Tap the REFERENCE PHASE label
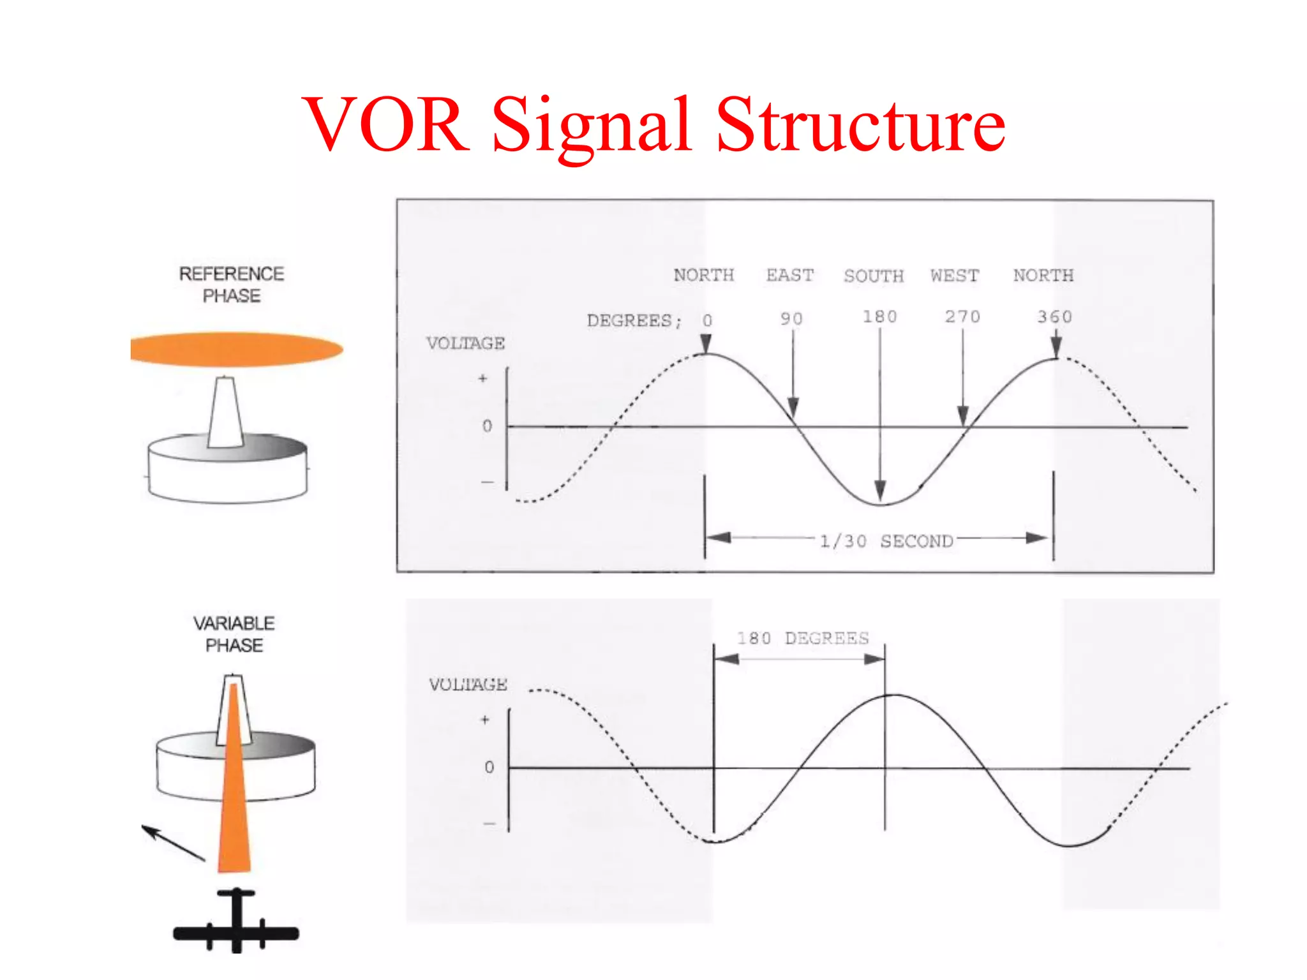[x=232, y=285]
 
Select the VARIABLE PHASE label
[x=234, y=634]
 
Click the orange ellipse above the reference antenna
[x=237, y=349]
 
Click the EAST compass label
[x=790, y=275]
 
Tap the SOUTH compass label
[x=874, y=276]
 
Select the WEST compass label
[x=955, y=276]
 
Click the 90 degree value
[x=791, y=318]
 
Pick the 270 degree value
[x=962, y=317]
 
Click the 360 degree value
[x=1054, y=317]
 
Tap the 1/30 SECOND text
[x=886, y=541]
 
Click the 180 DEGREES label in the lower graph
[x=803, y=638]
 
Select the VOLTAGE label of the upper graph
[x=466, y=343]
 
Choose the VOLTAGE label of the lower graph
[x=468, y=685]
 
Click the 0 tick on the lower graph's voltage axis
[x=489, y=767]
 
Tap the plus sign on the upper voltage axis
[x=483, y=378]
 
